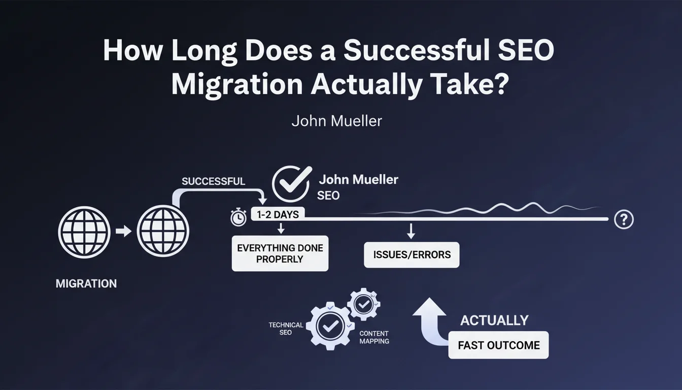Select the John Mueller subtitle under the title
(x=336, y=121)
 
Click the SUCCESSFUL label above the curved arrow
(x=214, y=182)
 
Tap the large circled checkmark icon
(x=291, y=184)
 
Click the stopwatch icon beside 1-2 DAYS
(x=238, y=217)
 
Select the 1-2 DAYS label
(x=278, y=214)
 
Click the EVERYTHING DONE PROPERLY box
(x=280, y=253)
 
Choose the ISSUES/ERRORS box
(x=412, y=255)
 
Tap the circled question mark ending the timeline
(x=624, y=219)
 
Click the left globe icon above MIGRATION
(x=84, y=233)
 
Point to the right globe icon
(x=163, y=231)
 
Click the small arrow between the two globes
(x=124, y=231)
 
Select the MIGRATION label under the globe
(x=86, y=284)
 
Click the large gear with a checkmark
(x=330, y=326)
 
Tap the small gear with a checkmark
(x=363, y=304)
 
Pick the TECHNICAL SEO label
(x=286, y=329)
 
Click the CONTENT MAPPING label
(x=374, y=337)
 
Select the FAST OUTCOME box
(x=498, y=345)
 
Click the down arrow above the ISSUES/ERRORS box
(x=411, y=231)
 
